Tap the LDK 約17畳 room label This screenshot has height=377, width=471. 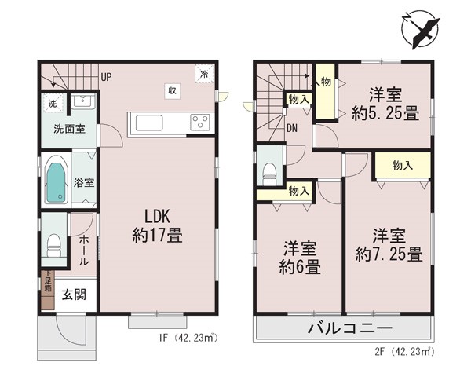tap(158, 225)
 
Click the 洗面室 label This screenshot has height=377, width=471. tap(69, 129)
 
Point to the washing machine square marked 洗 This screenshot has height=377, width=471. tap(53, 104)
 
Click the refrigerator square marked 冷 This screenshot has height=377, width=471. tap(204, 74)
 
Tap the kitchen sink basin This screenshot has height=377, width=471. tap(149, 123)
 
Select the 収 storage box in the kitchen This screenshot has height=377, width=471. tap(172, 91)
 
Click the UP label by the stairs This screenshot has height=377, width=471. tap(106, 77)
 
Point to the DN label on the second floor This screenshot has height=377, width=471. tap(292, 128)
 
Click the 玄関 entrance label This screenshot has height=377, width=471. tap(74, 295)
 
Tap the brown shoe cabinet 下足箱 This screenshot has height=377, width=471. tap(48, 290)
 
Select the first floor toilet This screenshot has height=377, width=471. tap(54, 245)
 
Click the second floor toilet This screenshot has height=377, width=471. tap(269, 174)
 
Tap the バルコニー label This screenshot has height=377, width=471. tap(350, 328)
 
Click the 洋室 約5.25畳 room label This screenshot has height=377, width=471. tap(385, 104)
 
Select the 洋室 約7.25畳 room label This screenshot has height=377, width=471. tap(389, 244)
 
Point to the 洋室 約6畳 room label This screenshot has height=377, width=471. tap(300, 258)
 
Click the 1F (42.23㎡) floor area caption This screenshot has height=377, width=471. tap(188, 339)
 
